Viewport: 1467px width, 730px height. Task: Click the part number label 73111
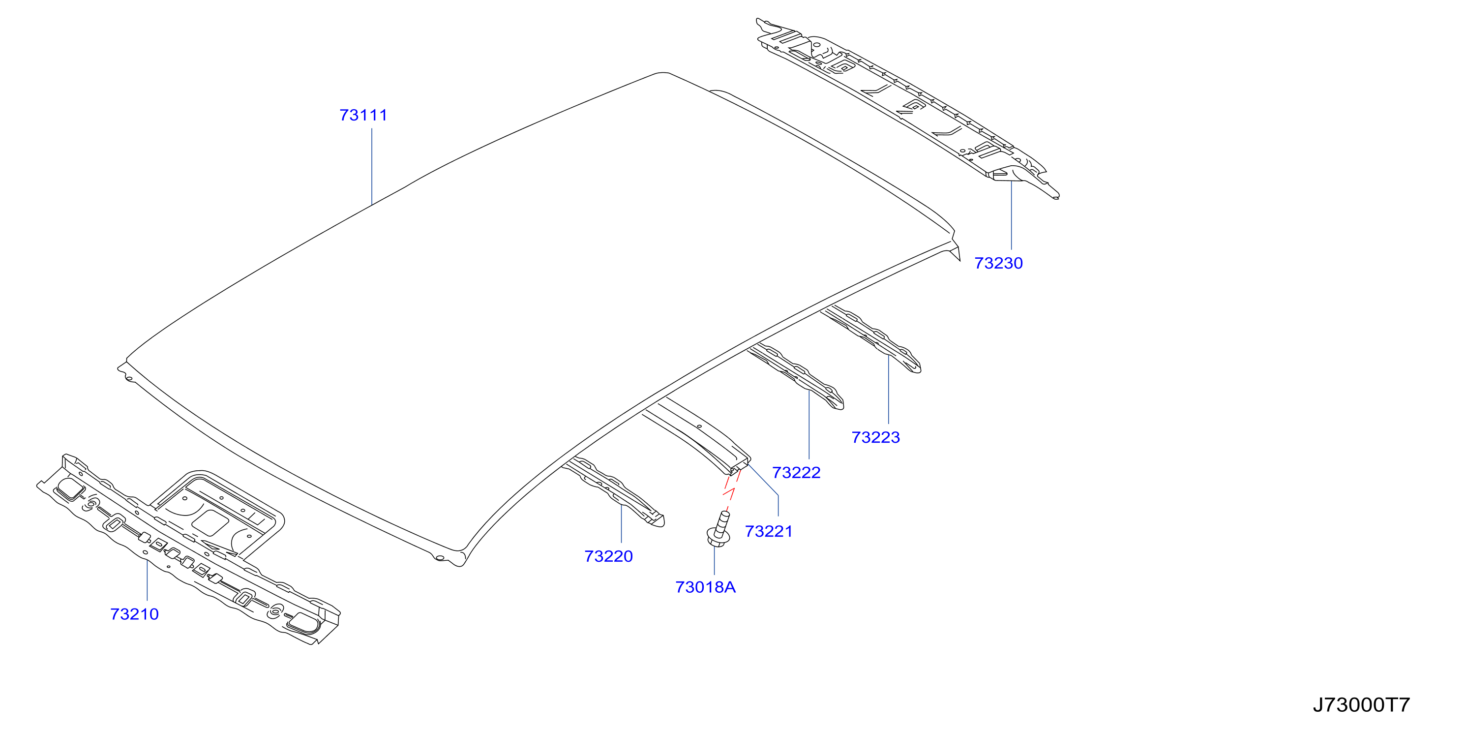point(363,115)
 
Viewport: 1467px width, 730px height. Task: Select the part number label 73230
point(998,263)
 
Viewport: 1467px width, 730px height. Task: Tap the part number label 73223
point(875,437)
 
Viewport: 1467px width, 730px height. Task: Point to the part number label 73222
point(796,473)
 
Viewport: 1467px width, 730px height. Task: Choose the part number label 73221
point(769,531)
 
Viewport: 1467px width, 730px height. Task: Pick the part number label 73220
point(608,556)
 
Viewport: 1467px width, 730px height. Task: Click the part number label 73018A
point(706,587)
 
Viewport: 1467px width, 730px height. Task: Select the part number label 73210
point(134,614)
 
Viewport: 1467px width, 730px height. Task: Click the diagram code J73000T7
point(1361,705)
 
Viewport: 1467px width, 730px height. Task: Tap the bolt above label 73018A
point(718,530)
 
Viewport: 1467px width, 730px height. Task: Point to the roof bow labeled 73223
point(871,338)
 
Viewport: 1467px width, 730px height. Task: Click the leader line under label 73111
point(372,166)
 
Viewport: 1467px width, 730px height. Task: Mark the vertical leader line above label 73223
point(888,390)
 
